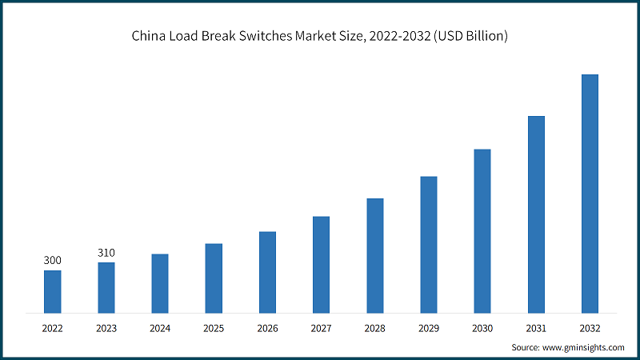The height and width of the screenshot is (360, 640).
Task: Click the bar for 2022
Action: pos(52,291)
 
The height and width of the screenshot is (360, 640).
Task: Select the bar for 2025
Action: pos(214,278)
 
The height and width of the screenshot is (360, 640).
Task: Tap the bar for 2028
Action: pos(375,255)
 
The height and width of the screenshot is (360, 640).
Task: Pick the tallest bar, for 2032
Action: pos(590,193)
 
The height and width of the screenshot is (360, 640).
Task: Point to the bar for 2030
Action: pos(482,230)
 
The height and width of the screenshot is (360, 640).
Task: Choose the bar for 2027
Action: pos(321,264)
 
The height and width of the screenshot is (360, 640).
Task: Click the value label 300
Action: pos(52,261)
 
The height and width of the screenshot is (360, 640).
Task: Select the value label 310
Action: pos(106,253)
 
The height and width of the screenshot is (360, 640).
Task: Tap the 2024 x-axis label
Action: pos(160,328)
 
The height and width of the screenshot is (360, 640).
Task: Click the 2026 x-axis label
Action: pos(267,328)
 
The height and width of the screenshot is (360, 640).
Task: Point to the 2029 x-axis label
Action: pos(429,328)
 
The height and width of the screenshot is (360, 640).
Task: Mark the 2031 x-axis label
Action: pos(536,328)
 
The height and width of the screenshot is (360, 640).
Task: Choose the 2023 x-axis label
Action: pos(106,328)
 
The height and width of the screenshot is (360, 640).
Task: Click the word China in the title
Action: pos(149,36)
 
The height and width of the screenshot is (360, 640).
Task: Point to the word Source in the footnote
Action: pos(526,348)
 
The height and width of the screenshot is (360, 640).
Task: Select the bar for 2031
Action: pos(536,214)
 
